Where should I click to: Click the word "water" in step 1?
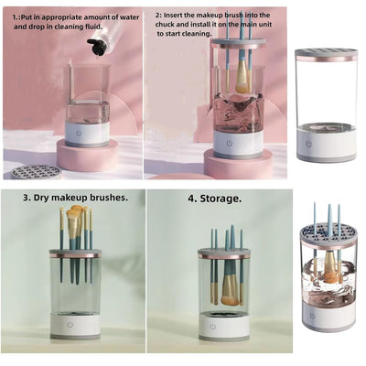(x=126, y=16)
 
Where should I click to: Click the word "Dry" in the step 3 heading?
(x=44, y=197)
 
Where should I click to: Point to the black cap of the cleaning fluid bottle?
(x=96, y=51)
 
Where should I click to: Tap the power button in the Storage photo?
(x=213, y=324)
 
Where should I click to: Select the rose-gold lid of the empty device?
(x=326, y=55)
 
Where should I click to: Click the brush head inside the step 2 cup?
(x=242, y=80)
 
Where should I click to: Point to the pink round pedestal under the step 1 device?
(x=88, y=156)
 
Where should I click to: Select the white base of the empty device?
(x=327, y=145)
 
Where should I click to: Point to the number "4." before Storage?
(x=193, y=197)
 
